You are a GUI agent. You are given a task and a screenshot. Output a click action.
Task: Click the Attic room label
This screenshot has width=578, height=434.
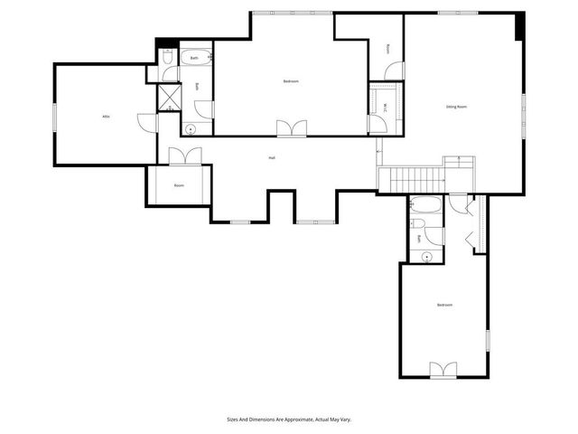click(x=106, y=117)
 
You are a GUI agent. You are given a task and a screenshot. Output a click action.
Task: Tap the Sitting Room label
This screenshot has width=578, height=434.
click(x=456, y=107)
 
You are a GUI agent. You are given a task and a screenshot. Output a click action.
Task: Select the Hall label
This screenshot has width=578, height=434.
click(x=271, y=158)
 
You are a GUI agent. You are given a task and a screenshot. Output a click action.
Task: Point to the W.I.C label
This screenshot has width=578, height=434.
click(x=386, y=107)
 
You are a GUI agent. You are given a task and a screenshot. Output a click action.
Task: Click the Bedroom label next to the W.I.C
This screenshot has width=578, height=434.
click(x=290, y=81)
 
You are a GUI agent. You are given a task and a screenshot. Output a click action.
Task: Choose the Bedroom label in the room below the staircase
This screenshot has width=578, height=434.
click(x=444, y=305)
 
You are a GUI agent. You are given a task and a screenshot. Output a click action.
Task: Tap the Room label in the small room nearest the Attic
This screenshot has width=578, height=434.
click(x=179, y=185)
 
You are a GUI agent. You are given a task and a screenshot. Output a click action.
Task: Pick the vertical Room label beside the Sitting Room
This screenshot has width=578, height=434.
click(x=388, y=49)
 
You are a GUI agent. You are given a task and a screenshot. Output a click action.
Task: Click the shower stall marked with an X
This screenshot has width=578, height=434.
click(x=169, y=96)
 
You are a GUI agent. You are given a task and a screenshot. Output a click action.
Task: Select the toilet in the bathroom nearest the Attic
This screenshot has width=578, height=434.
click(x=168, y=57)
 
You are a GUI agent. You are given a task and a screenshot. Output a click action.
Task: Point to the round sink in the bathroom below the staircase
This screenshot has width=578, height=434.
click(x=426, y=255)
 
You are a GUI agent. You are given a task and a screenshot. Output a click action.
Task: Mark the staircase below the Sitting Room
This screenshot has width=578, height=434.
click(x=410, y=180)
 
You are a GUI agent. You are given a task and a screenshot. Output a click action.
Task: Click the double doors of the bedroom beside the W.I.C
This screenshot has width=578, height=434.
click(x=291, y=127)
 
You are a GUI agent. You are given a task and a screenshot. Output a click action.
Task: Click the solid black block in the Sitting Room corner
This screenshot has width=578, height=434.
click(x=518, y=25)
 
